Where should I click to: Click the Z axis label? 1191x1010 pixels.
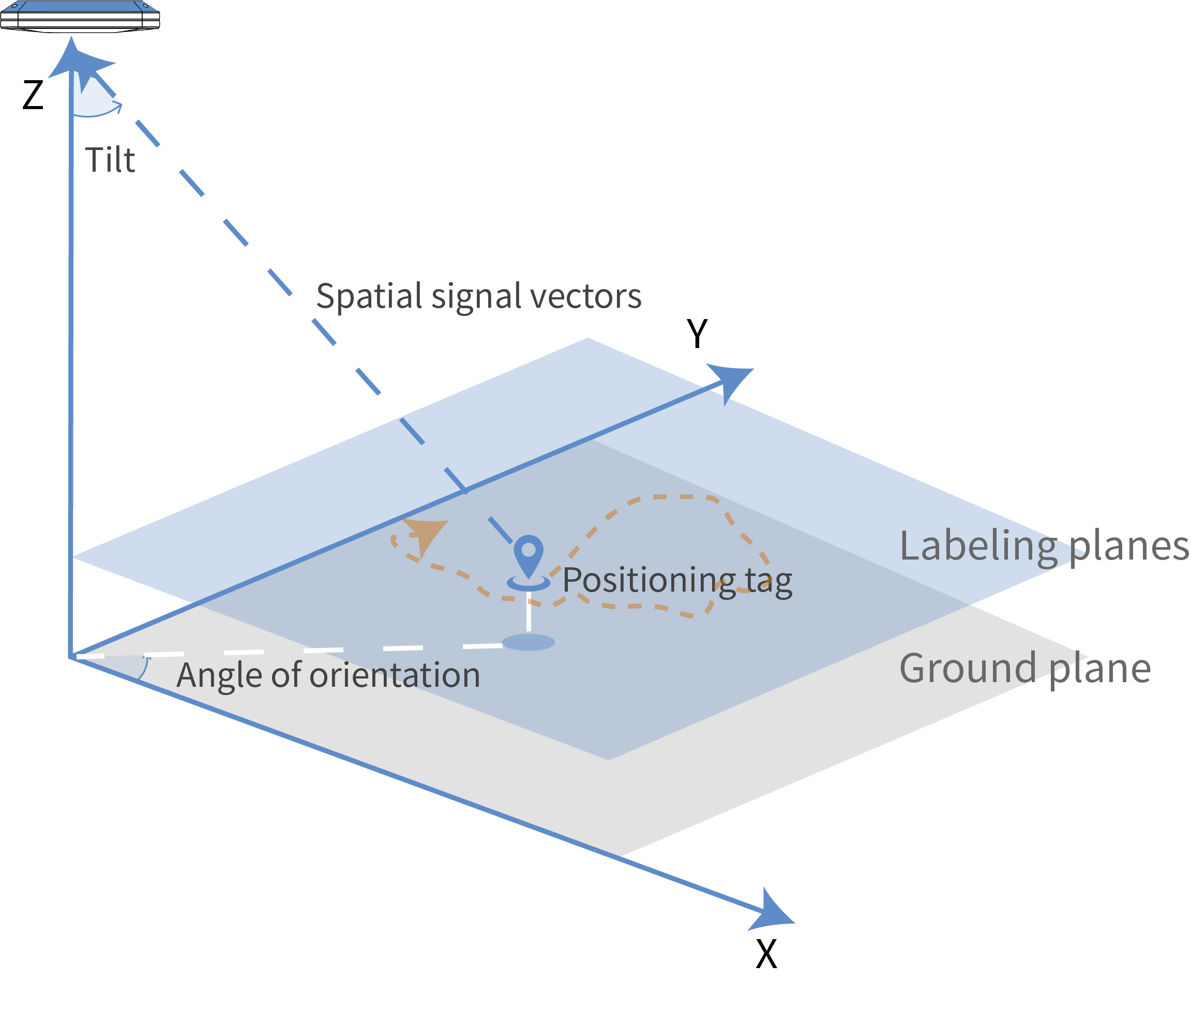click(33, 95)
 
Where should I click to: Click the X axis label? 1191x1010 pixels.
click(766, 955)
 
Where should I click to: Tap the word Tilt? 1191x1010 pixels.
click(110, 160)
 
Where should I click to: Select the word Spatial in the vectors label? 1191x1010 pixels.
click(369, 297)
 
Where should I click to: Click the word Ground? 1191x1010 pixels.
click(968, 668)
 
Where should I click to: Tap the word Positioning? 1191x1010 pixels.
click(648, 581)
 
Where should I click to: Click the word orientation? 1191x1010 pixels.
click(395, 675)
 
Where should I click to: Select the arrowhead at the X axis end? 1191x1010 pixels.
click(773, 910)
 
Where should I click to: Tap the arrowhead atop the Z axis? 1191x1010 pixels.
click(71, 57)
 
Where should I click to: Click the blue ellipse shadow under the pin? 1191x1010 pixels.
click(528, 642)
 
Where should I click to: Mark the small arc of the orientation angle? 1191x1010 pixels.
click(144, 668)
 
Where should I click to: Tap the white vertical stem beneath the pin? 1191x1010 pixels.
click(528, 611)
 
